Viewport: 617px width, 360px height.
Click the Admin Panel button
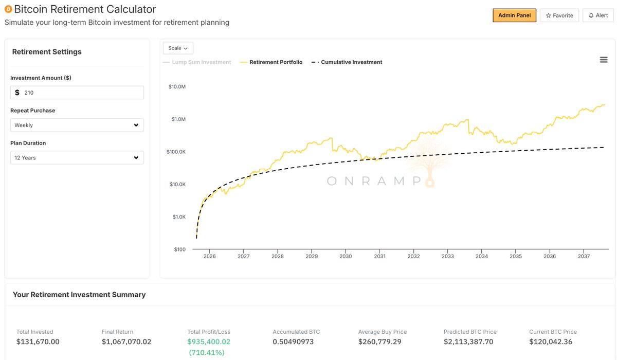pos(514,15)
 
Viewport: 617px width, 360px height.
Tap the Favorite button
pos(559,15)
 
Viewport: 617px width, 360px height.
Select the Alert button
pos(598,15)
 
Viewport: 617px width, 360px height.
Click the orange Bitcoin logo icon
pos(8,9)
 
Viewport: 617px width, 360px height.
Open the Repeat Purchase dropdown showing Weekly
pos(77,125)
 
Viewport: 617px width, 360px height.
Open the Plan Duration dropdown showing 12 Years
pos(77,158)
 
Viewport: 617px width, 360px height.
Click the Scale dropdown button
pos(178,48)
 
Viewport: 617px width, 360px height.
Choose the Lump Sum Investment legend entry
pos(197,62)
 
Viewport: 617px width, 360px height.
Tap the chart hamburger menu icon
pos(604,60)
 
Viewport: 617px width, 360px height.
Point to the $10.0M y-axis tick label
pos(177,86)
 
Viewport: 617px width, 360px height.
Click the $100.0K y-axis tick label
pos(176,152)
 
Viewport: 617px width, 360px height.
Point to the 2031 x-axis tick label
pos(379,256)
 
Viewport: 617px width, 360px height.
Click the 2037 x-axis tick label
pos(584,256)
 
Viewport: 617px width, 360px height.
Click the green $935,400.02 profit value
pos(209,341)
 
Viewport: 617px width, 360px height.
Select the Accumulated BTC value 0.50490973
pos(293,341)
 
